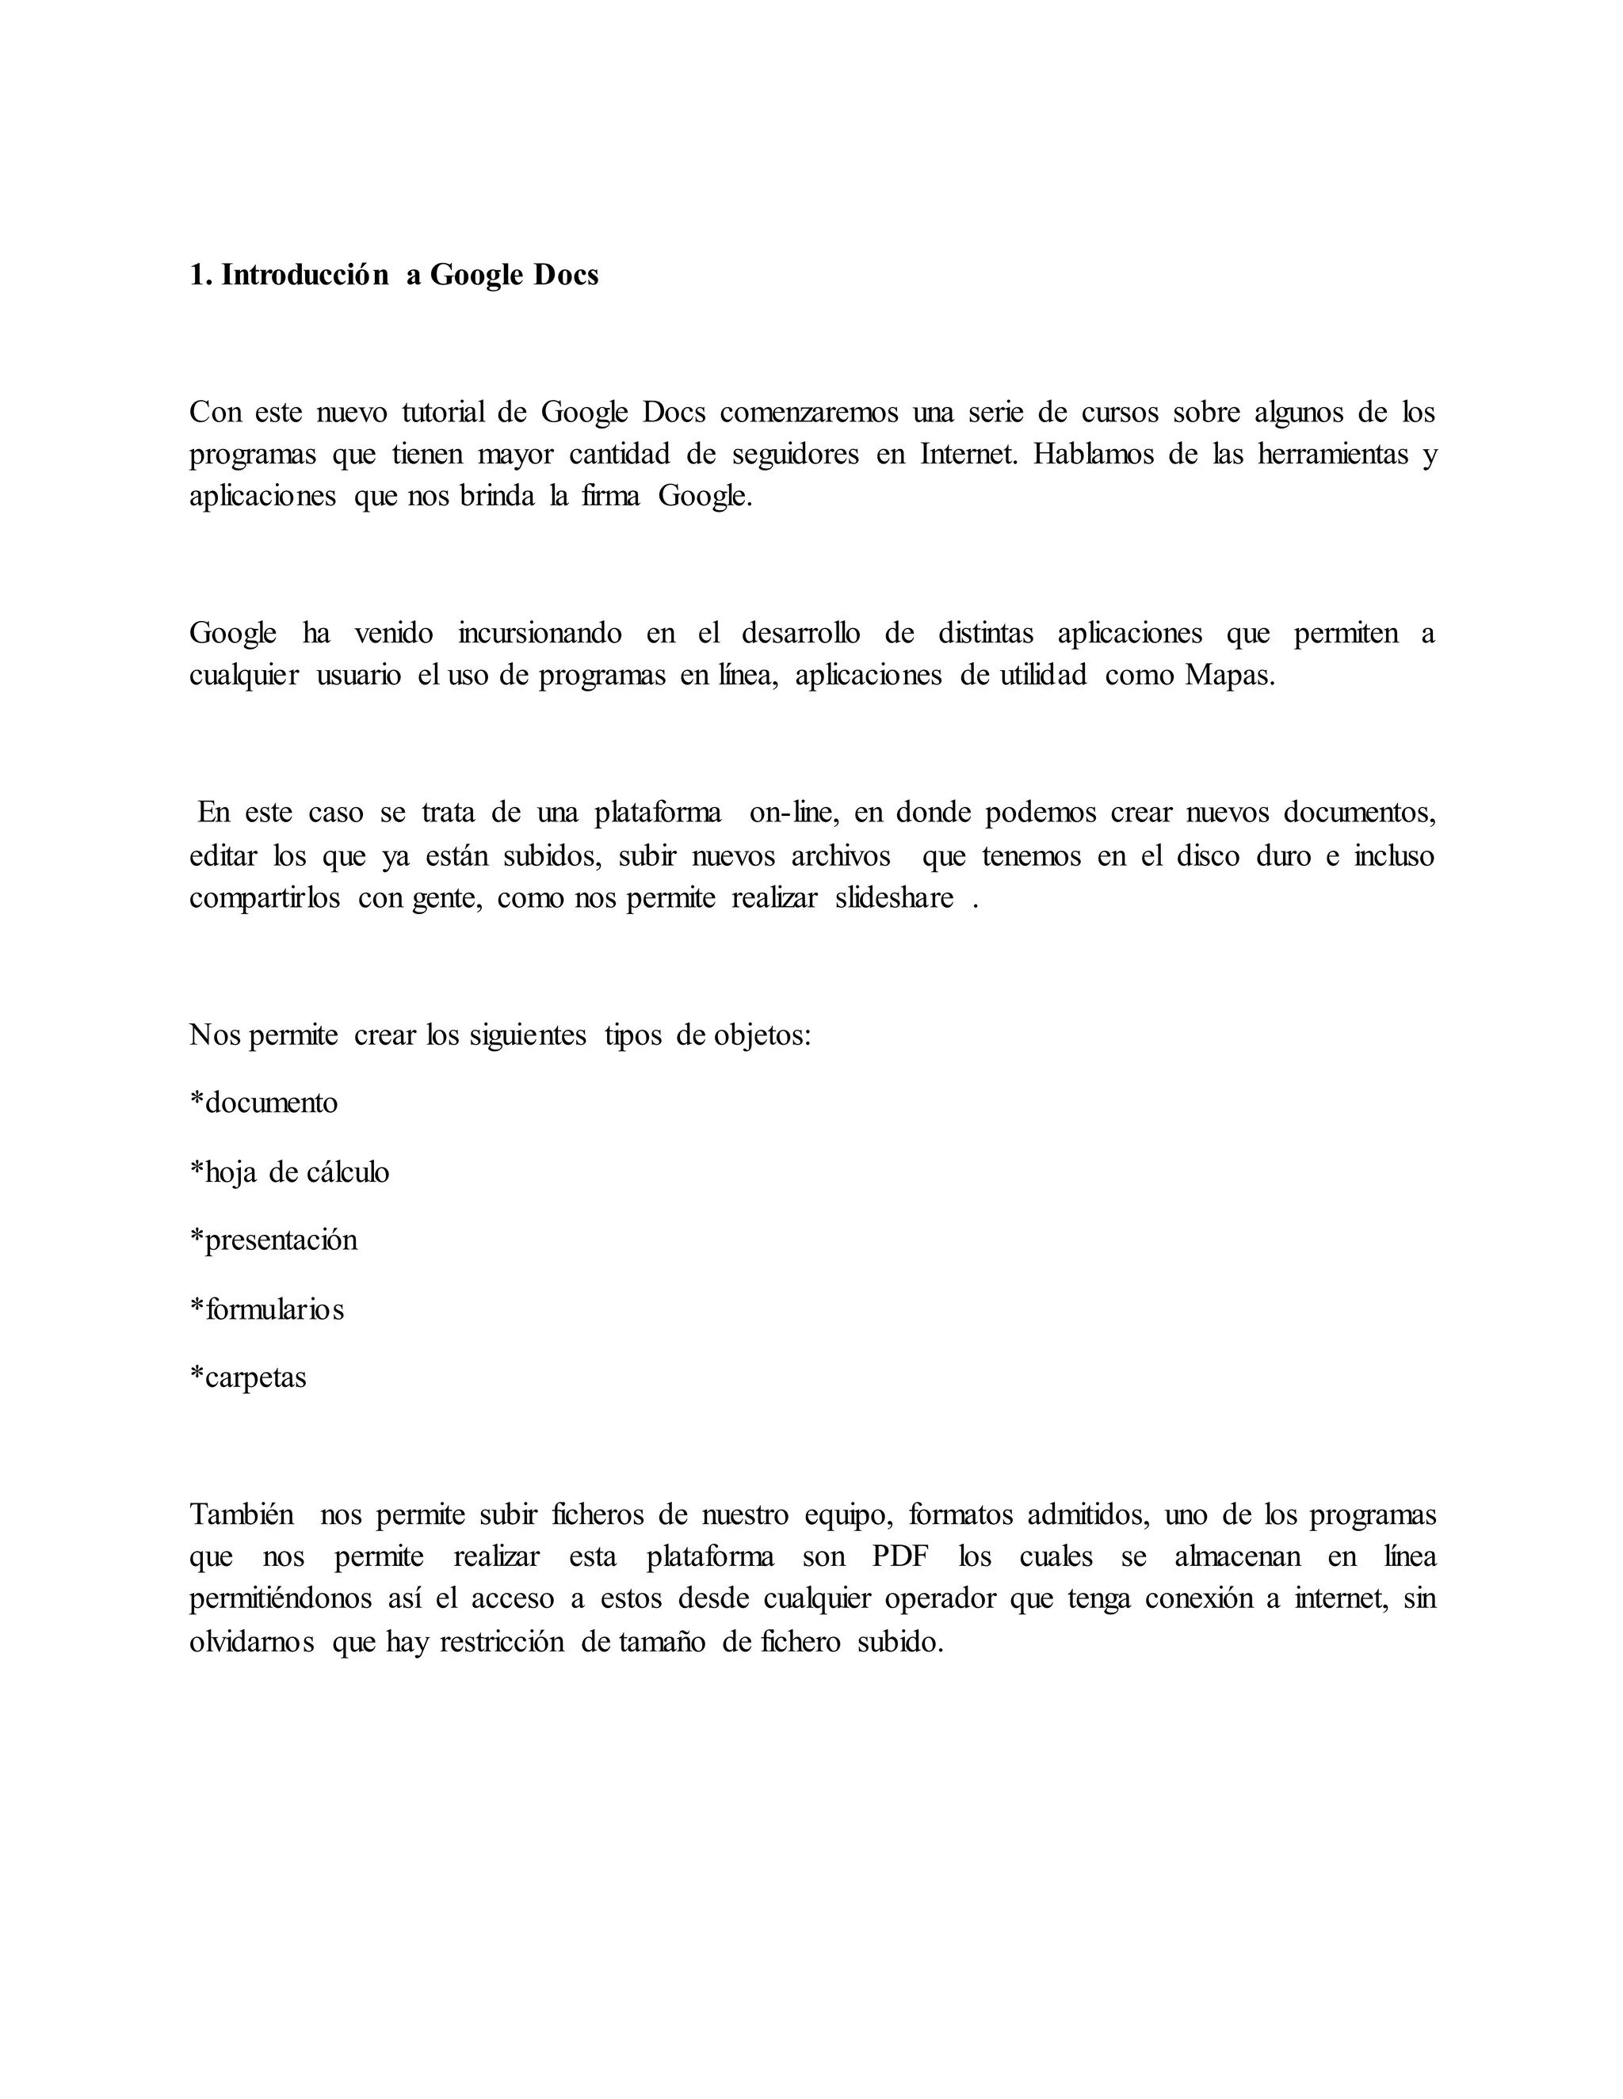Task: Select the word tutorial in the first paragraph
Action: click(443, 413)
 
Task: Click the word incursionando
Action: click(540, 634)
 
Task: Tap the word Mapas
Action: click(1230, 676)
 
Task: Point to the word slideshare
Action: click(894, 897)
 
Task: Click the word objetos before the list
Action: click(762, 1035)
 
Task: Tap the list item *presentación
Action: click(274, 1240)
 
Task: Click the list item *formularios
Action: click(267, 1309)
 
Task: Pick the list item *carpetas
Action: click(249, 1377)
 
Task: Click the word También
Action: click(242, 1514)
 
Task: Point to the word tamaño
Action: click(661, 1641)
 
